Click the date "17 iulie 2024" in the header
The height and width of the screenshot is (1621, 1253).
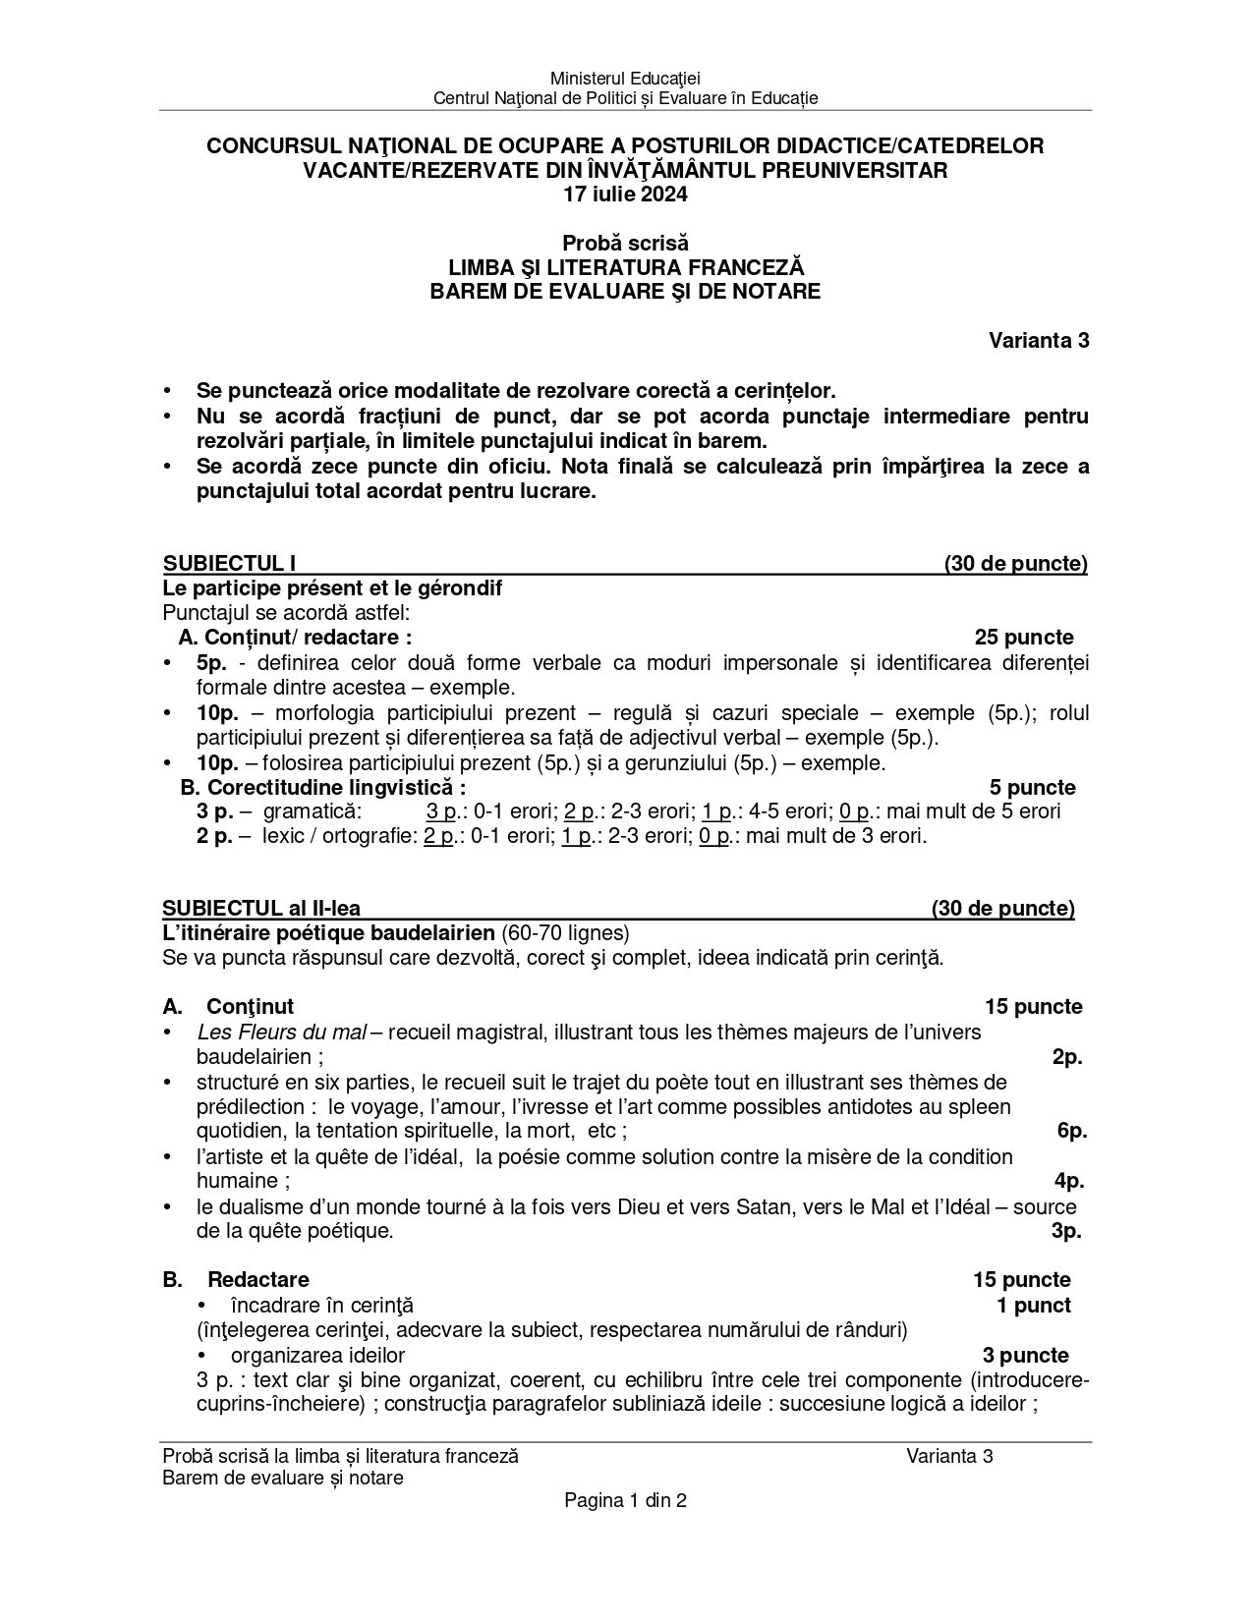[625, 195]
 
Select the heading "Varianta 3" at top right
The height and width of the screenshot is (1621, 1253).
[1038, 341]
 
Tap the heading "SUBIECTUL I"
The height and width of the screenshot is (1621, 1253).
[229, 564]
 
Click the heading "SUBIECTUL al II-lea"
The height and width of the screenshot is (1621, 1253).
[267, 909]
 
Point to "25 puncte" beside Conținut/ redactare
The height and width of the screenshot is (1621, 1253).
[1023, 638]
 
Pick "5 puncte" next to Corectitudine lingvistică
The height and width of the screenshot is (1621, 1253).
[1032, 787]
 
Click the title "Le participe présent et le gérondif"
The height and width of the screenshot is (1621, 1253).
[332, 588]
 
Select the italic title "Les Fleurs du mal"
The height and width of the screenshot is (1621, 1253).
[281, 1032]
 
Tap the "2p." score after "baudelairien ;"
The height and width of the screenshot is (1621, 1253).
[1066, 1057]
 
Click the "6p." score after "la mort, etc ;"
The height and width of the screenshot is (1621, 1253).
[1071, 1131]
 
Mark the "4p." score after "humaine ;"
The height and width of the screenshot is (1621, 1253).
[1069, 1181]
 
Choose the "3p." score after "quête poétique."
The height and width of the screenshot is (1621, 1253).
[1066, 1231]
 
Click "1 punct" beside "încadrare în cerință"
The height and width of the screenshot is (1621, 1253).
[1033, 1306]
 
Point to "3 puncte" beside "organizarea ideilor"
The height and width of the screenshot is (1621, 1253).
[1025, 1356]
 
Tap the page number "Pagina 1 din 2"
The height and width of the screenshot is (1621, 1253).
[625, 1500]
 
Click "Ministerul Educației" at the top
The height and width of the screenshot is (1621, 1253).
[625, 78]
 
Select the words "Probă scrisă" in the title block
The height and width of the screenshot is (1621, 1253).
[625, 243]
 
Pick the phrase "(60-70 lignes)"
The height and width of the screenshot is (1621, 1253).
[565, 932]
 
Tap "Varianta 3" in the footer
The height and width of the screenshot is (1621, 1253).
[949, 1456]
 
